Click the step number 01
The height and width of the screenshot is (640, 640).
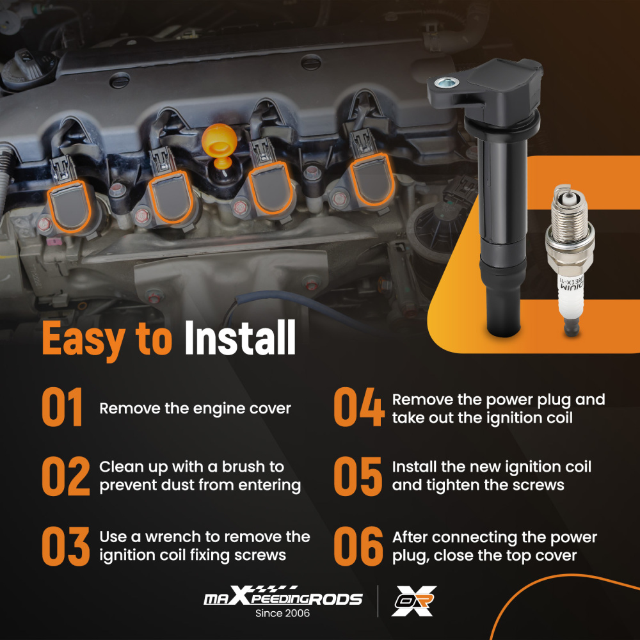63,408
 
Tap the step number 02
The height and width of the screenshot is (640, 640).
65,477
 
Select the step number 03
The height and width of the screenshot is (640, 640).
65,546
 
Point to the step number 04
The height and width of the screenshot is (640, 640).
359,408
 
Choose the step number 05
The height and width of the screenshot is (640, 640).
359,477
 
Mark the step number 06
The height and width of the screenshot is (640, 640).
359,546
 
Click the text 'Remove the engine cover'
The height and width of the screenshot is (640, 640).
195,408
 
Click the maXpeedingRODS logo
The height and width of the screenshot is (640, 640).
282,598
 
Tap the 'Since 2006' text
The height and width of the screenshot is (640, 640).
282,613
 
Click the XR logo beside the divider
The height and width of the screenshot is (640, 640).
413,600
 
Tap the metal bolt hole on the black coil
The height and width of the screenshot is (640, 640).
446,81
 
